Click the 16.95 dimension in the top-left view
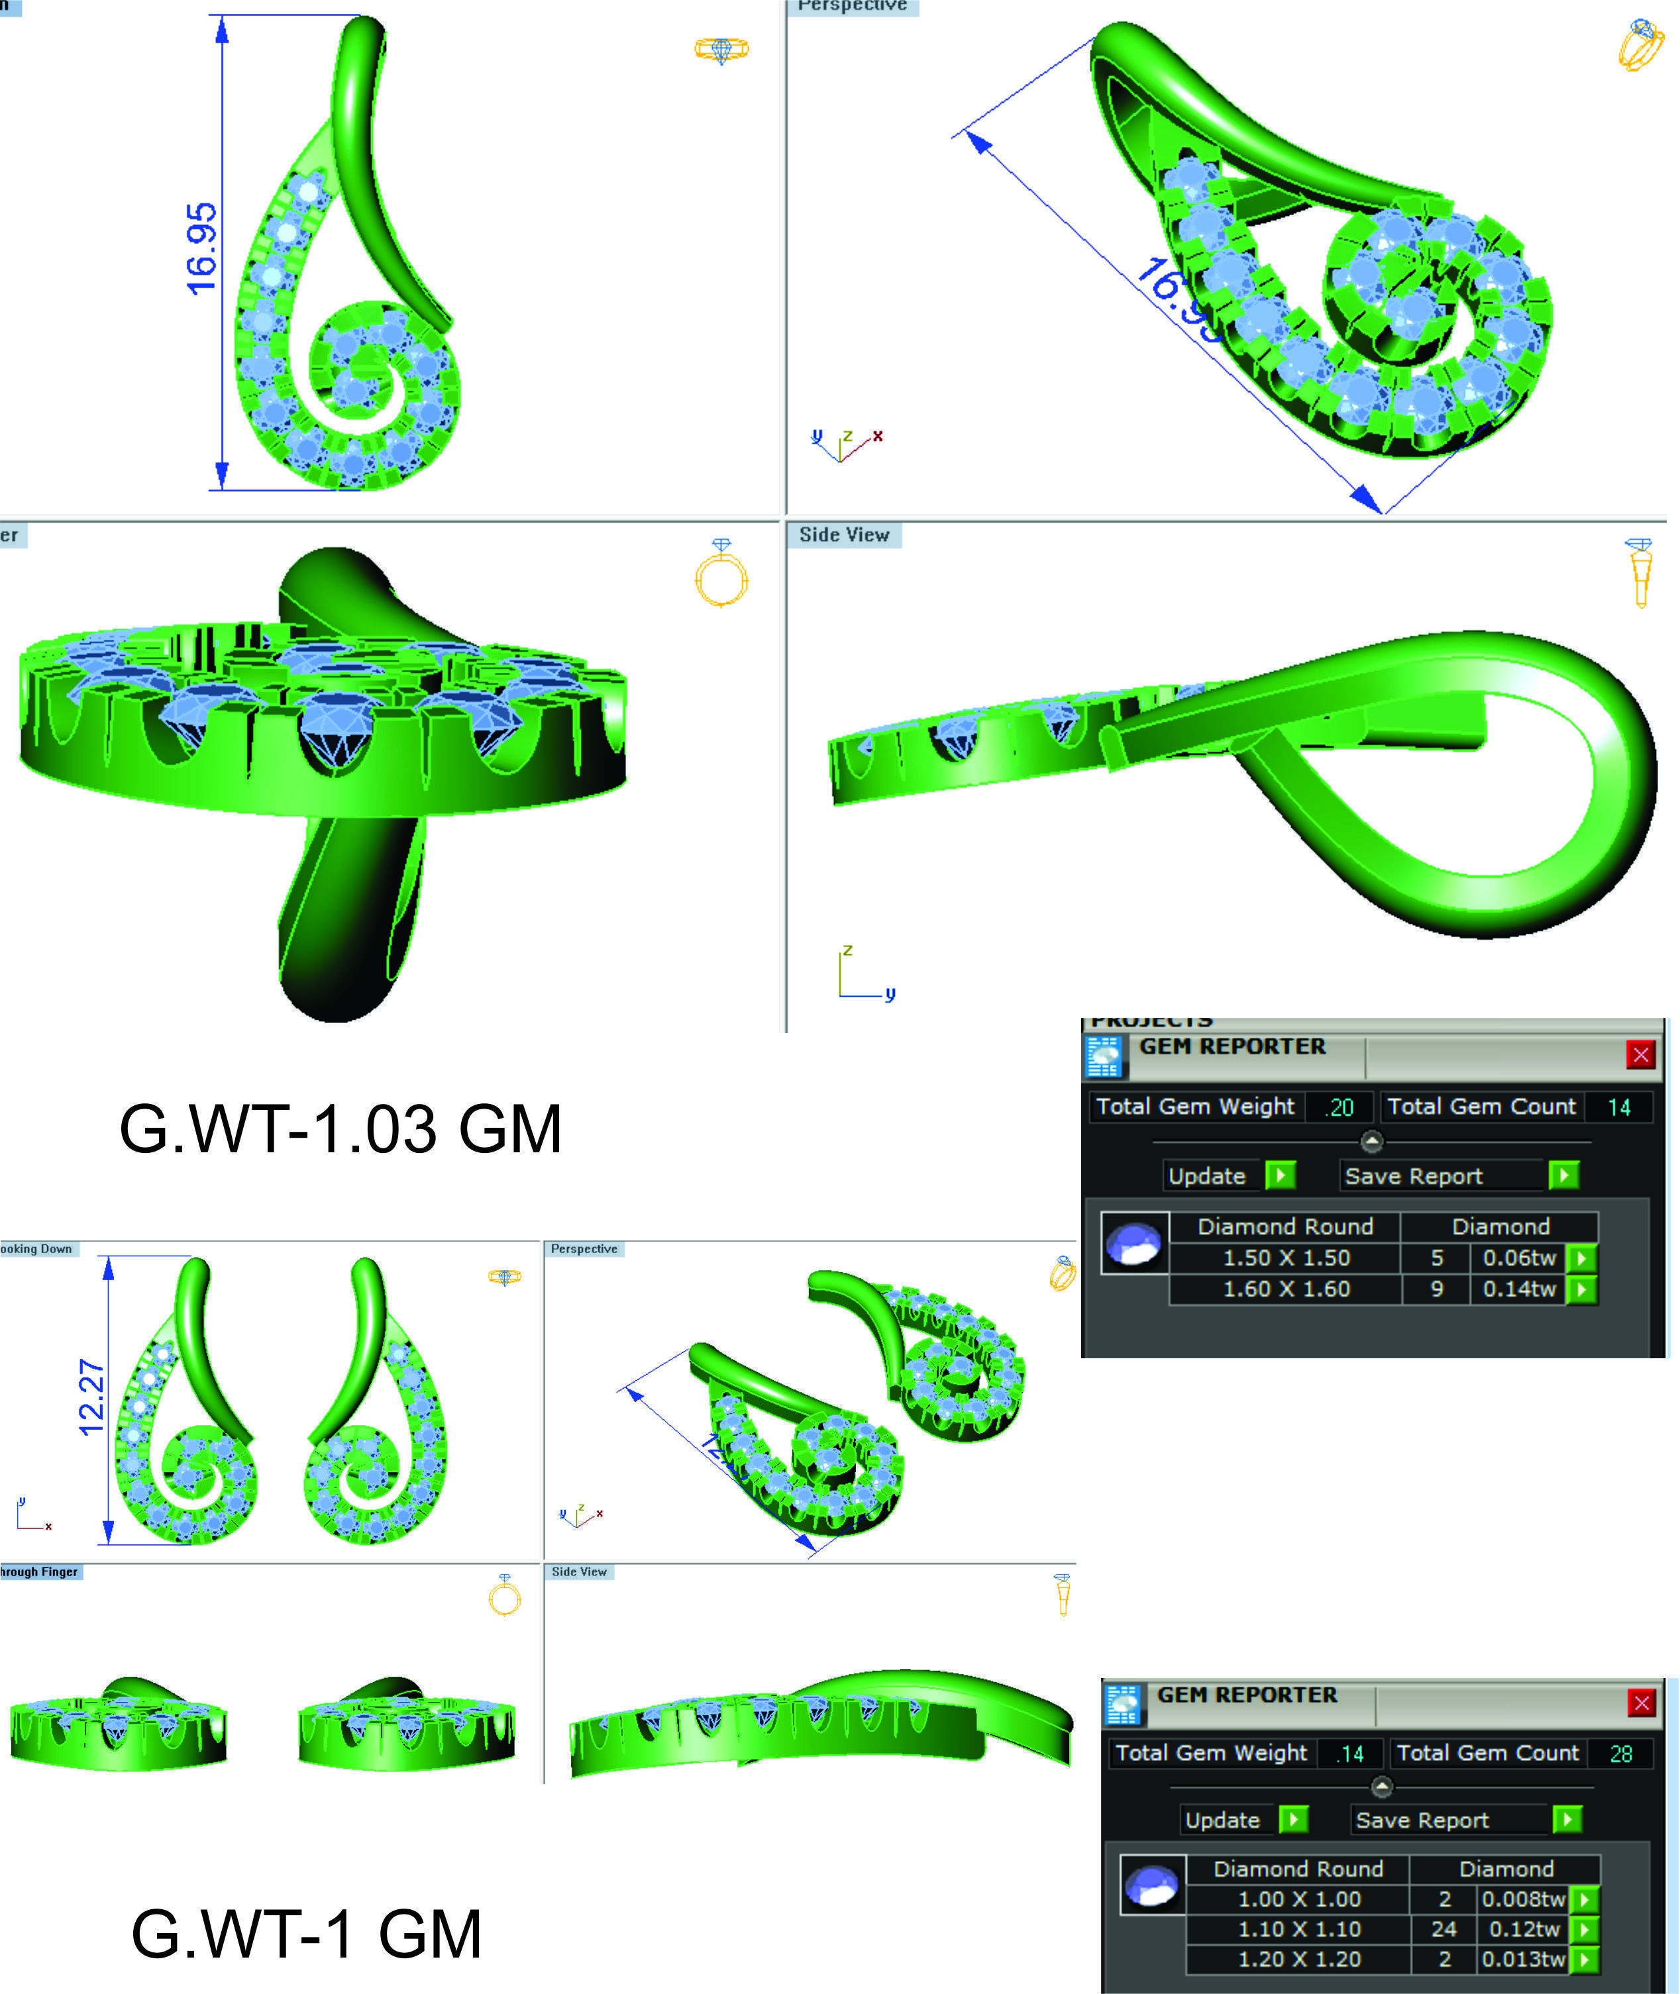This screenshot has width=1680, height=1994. [202, 250]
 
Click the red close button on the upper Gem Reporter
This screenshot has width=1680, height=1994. [1640, 1054]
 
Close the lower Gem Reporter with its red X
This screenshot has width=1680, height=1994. [1641, 1703]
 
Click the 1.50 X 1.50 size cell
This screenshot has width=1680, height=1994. [1286, 1258]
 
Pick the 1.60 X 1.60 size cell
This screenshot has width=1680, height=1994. [1286, 1289]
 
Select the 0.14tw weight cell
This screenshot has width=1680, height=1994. [1519, 1289]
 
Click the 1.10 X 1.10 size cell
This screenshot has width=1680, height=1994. [1299, 1929]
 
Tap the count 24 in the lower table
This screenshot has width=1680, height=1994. [1444, 1929]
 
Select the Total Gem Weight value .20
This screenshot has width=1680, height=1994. [1341, 1107]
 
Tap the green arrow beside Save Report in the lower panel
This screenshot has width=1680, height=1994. [1567, 1820]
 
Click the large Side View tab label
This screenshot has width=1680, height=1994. [844, 535]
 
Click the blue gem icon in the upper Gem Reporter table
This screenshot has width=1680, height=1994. [1133, 1242]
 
